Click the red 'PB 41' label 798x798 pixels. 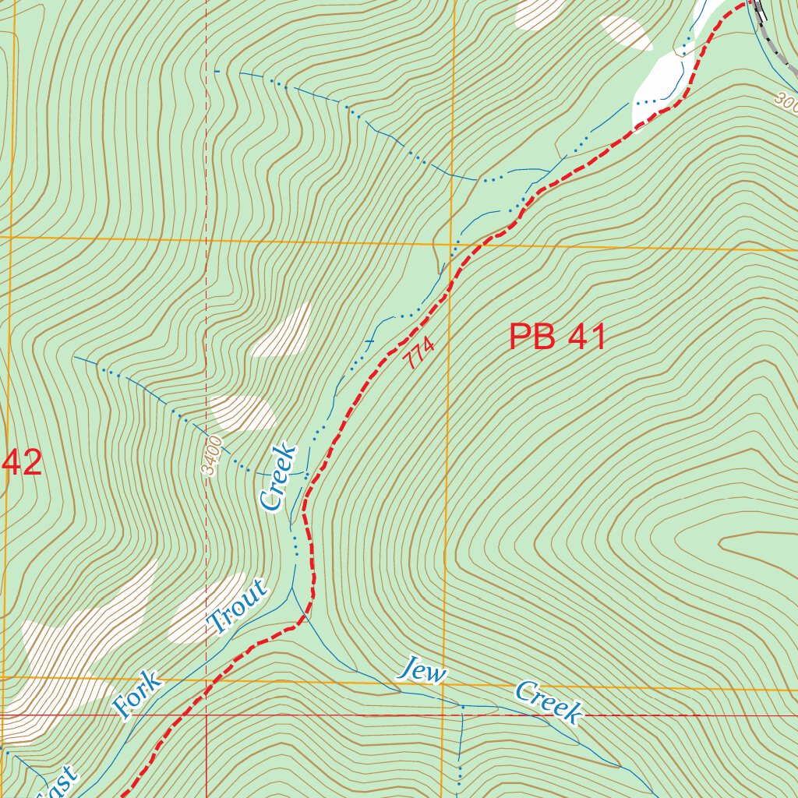[x=557, y=337]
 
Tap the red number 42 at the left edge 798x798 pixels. [x=22, y=463]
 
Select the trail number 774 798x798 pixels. [x=419, y=355]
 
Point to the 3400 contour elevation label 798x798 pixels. [x=211, y=456]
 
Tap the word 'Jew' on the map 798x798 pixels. [x=421, y=669]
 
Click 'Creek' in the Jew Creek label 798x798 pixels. [x=548, y=702]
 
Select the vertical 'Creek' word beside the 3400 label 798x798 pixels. [x=279, y=476]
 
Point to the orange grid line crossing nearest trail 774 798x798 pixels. [x=450, y=243]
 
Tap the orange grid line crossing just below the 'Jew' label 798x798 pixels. [x=443, y=685]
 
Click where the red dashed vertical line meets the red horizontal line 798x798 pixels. [x=207, y=714]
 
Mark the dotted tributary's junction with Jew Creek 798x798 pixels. [x=461, y=707]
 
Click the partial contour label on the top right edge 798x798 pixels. [x=786, y=101]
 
